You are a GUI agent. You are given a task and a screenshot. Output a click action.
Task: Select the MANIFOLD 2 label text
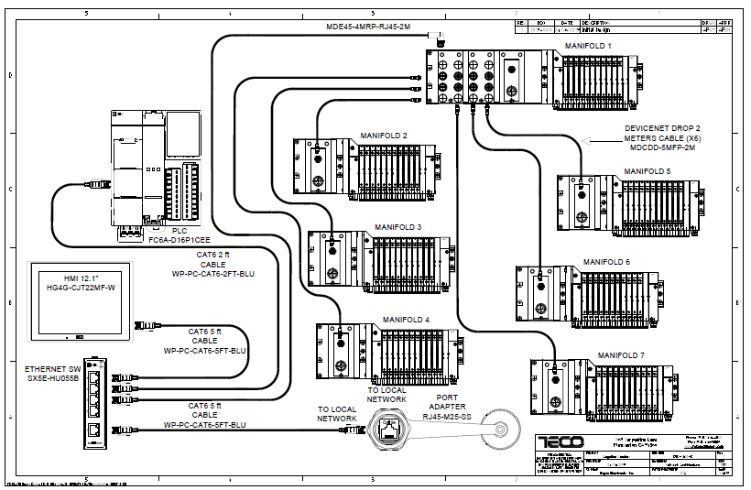click(x=385, y=135)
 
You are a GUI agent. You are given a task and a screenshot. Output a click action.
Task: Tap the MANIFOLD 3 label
click(x=398, y=226)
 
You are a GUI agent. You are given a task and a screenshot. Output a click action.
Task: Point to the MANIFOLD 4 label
click(x=406, y=320)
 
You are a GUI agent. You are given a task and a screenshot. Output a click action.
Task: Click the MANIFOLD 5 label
click(x=648, y=171)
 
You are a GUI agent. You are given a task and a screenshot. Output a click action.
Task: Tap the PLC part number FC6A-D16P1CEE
click(x=179, y=240)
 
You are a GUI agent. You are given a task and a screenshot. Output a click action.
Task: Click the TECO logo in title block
click(x=560, y=441)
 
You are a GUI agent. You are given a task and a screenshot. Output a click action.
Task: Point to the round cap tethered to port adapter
click(x=501, y=429)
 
